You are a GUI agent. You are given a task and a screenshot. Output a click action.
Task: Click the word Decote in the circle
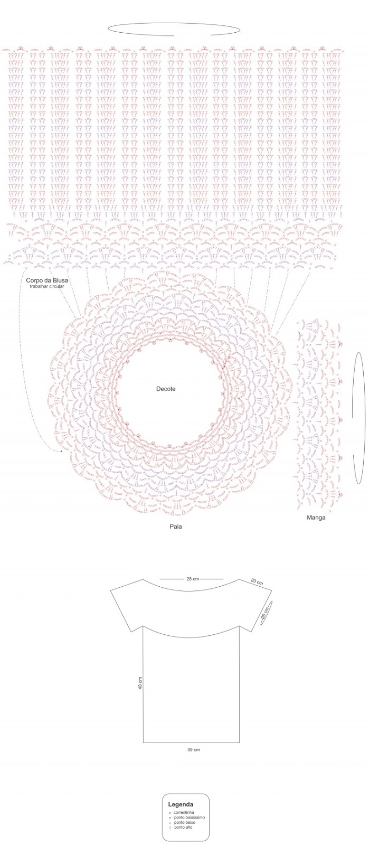165,389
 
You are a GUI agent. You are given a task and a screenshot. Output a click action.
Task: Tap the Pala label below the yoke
176,527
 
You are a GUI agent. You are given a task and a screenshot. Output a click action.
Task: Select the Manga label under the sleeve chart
316,518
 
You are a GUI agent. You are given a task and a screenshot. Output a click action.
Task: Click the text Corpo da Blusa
47,280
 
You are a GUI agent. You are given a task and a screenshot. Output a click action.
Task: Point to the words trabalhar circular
47,286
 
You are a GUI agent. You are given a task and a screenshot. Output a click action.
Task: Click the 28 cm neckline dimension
192,579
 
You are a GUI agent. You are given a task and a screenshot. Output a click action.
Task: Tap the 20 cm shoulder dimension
257,582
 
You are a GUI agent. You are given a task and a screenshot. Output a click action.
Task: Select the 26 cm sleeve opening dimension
265,613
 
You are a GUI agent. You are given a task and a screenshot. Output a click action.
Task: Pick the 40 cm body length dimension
140,683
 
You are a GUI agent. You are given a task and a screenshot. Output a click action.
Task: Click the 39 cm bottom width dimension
193,749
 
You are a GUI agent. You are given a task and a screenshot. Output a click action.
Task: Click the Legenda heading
181,804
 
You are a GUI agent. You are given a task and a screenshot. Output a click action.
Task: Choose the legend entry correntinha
184,812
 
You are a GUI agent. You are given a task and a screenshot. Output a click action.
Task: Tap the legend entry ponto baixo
185,822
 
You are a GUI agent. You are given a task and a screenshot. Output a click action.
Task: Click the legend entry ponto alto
183,827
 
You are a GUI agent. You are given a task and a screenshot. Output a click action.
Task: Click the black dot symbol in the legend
169,818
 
